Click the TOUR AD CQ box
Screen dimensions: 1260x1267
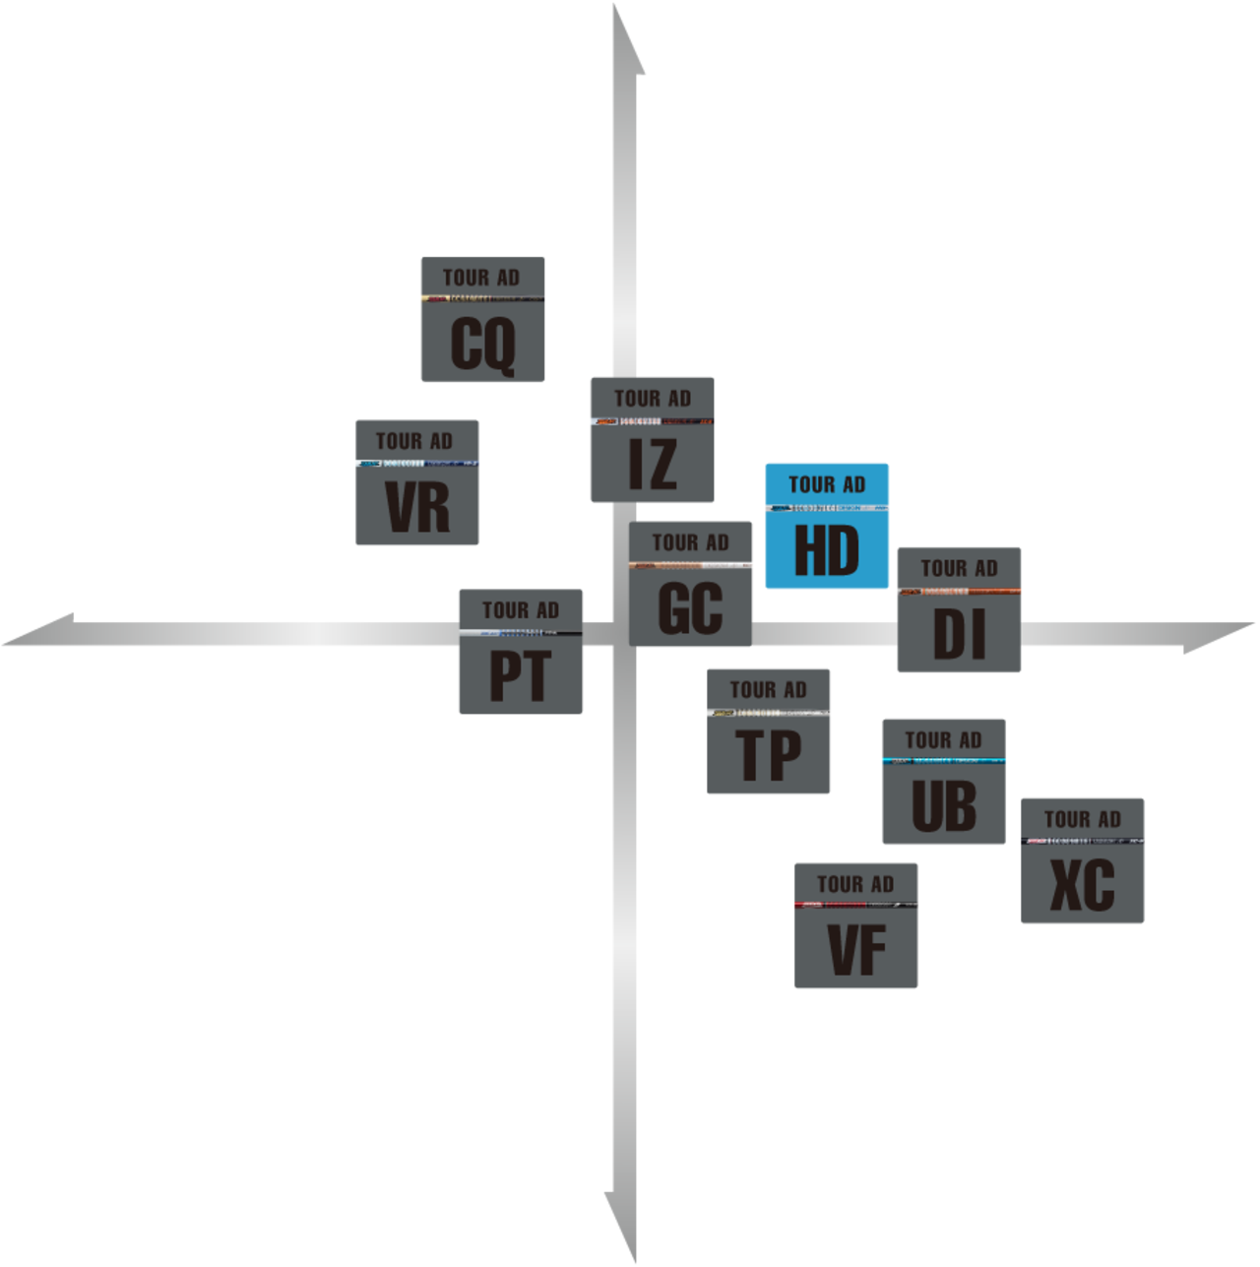pyautogui.click(x=482, y=320)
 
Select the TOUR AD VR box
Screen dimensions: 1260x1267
pyautogui.click(x=417, y=482)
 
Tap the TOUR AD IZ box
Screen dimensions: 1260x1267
pyautogui.click(x=652, y=440)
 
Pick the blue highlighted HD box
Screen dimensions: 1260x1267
pyautogui.click(x=827, y=526)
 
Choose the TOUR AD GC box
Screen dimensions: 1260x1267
pyautogui.click(x=691, y=584)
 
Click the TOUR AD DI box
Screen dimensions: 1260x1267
pyautogui.click(x=959, y=610)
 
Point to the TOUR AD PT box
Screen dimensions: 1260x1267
pyautogui.click(x=521, y=652)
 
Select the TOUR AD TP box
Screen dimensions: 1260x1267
pyautogui.click(x=769, y=731)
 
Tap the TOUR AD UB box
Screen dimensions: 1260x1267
pyautogui.click(x=943, y=782)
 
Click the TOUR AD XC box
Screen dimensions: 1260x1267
pyautogui.click(x=1082, y=861)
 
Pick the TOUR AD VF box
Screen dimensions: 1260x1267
pyautogui.click(x=856, y=926)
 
